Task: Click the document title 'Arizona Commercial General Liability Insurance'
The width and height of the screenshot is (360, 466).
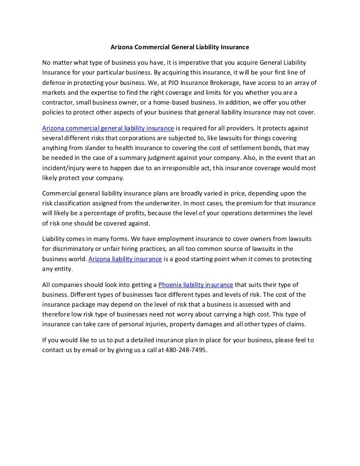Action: (180, 47)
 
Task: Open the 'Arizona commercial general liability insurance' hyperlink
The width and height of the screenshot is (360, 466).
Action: (108, 128)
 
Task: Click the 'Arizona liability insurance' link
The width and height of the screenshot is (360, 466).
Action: (125, 259)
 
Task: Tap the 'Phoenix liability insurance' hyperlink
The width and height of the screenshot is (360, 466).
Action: (196, 285)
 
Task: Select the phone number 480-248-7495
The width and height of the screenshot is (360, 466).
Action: (186, 349)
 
